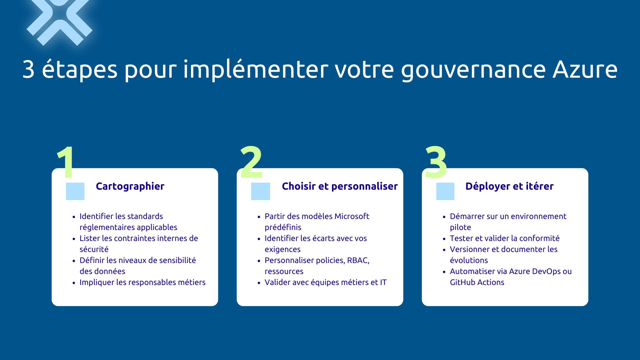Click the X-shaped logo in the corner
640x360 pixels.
click(59, 20)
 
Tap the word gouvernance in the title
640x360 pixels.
click(473, 70)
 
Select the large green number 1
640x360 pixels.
click(66, 163)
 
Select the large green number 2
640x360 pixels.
click(251, 163)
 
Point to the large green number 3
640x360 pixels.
click(436, 163)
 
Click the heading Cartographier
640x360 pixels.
click(130, 186)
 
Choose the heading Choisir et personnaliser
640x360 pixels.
click(340, 186)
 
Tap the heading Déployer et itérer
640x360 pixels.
click(509, 186)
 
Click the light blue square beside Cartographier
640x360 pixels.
click(75, 191)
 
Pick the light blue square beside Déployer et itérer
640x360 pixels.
click(445, 191)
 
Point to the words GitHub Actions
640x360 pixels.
click(477, 282)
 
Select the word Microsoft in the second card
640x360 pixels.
click(352, 216)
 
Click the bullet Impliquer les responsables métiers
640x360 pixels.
click(142, 282)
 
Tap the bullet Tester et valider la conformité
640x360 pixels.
click(505, 238)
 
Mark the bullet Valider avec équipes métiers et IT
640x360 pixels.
click(325, 282)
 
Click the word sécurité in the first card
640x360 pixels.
click(94, 249)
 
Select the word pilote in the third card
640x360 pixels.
click(460, 227)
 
